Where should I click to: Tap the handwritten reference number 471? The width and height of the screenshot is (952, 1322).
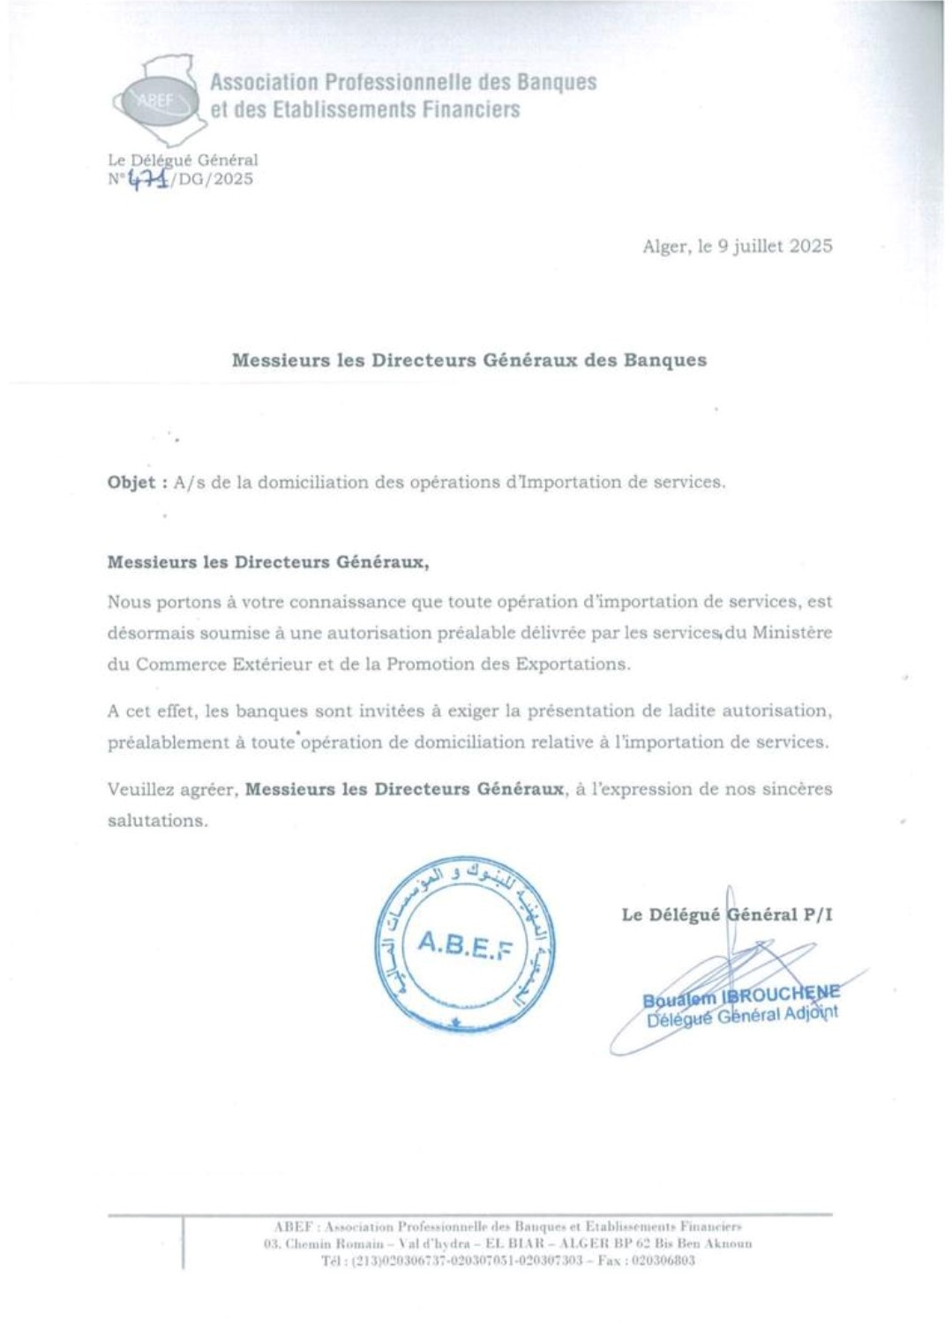[x=146, y=179]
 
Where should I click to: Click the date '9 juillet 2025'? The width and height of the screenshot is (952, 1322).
[x=774, y=246]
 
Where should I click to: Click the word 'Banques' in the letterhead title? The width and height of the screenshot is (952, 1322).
[x=556, y=82]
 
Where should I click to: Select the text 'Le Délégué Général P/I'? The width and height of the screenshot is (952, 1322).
[x=726, y=914]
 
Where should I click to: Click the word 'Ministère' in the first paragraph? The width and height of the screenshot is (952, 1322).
[x=791, y=633]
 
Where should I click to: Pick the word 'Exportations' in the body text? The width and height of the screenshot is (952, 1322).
[x=574, y=664]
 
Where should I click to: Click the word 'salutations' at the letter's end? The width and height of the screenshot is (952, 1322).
[x=157, y=820]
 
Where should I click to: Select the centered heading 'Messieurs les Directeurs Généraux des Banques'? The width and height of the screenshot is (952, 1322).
[x=469, y=360]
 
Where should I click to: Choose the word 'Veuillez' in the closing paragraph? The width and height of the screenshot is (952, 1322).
[x=140, y=789]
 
